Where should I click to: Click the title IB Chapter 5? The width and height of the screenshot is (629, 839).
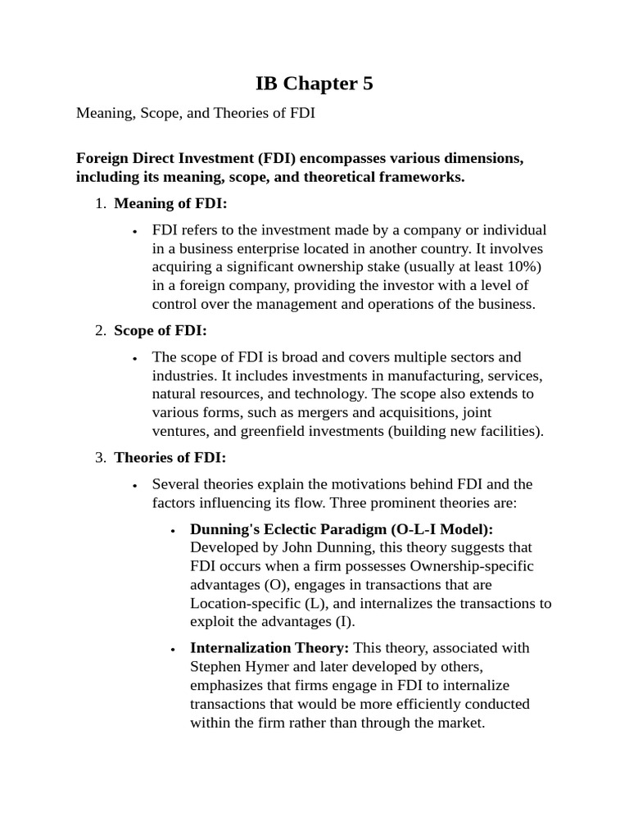[x=314, y=84]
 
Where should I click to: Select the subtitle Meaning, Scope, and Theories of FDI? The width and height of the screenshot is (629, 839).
[x=196, y=113]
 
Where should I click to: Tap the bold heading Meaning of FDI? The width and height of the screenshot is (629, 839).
[x=170, y=204]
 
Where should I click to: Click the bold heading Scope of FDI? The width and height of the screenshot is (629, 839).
[x=161, y=330]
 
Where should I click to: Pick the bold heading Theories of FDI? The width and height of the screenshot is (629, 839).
[x=170, y=457]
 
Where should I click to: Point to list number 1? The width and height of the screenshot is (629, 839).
[x=100, y=204]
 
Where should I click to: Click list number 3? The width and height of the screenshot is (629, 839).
[x=100, y=457]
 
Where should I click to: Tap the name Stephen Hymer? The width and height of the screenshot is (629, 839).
[x=232, y=666]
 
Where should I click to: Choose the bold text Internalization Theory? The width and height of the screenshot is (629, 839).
[x=269, y=647]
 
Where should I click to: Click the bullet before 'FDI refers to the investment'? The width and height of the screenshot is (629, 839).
[x=134, y=231]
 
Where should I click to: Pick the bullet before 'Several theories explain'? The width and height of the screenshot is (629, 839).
[x=134, y=485]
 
